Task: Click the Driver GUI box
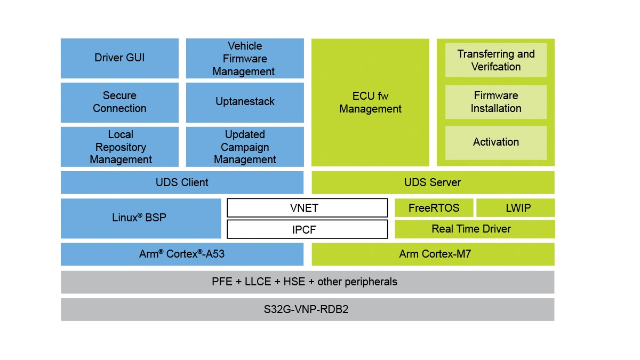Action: [119, 58]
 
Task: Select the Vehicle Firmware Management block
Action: [245, 58]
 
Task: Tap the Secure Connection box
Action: [119, 102]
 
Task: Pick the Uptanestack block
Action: [245, 102]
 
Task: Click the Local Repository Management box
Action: [119, 147]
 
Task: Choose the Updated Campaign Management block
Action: [245, 147]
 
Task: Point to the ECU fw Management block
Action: [370, 102]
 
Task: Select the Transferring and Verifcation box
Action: [496, 60]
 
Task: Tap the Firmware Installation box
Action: [496, 102]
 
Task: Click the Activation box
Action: [496, 142]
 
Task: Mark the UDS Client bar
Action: [182, 182]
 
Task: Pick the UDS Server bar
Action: [433, 182]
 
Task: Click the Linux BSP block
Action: [141, 218]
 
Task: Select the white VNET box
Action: [307, 207]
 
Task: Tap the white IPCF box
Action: [307, 229]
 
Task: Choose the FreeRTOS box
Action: [434, 207]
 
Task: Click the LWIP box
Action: [515, 207]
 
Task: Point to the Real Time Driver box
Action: [475, 229]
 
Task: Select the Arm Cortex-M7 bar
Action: [433, 254]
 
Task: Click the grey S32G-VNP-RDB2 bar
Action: [307, 309]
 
